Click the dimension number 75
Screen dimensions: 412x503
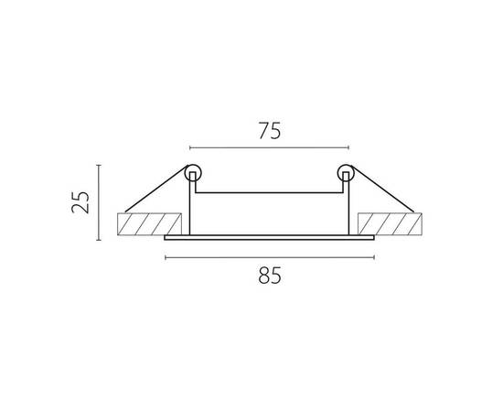(268, 130)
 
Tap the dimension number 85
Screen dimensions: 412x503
(269, 274)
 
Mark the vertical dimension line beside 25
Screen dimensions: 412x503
(99, 202)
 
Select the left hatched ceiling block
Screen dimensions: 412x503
(145, 225)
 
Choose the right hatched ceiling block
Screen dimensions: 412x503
(391, 225)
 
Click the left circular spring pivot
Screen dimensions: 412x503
(192, 172)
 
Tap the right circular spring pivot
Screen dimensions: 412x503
(345, 172)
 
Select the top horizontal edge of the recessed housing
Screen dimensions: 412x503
(269, 192)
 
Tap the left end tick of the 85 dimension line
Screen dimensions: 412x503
(165, 257)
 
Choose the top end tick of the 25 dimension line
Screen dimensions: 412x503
(99, 165)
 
